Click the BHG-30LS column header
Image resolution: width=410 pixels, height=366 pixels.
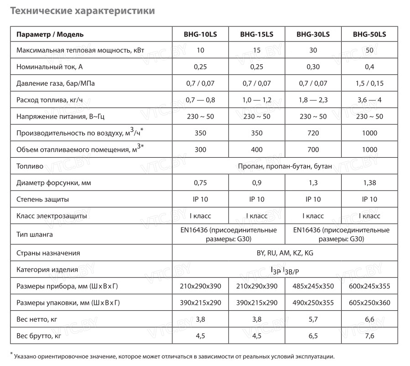(313, 34)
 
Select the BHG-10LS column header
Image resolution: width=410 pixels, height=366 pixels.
(200, 34)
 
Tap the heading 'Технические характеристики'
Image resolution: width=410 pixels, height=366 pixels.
(82, 10)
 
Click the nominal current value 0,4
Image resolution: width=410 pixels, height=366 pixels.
(369, 67)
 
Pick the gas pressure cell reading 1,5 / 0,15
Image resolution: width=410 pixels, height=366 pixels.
(369, 83)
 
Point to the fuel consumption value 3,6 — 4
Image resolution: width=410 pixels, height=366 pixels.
(369, 100)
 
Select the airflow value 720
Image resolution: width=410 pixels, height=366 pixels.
(313, 133)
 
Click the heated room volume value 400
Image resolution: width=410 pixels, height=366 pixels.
(256, 149)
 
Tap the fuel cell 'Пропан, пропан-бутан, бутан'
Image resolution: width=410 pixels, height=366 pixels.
(285, 166)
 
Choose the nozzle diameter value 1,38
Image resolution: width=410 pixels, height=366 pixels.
(369, 183)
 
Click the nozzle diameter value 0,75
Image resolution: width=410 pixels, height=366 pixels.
(200, 183)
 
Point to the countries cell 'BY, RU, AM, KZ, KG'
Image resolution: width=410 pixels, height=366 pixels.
(285, 253)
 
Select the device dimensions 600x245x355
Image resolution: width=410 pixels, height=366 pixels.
(369, 286)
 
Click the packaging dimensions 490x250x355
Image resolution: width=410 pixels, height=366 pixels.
(313, 303)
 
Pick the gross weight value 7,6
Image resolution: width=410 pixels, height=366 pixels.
(369, 337)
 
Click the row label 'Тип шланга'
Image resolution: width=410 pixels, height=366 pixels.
(34, 234)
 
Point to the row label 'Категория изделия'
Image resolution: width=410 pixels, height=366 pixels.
(47, 269)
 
